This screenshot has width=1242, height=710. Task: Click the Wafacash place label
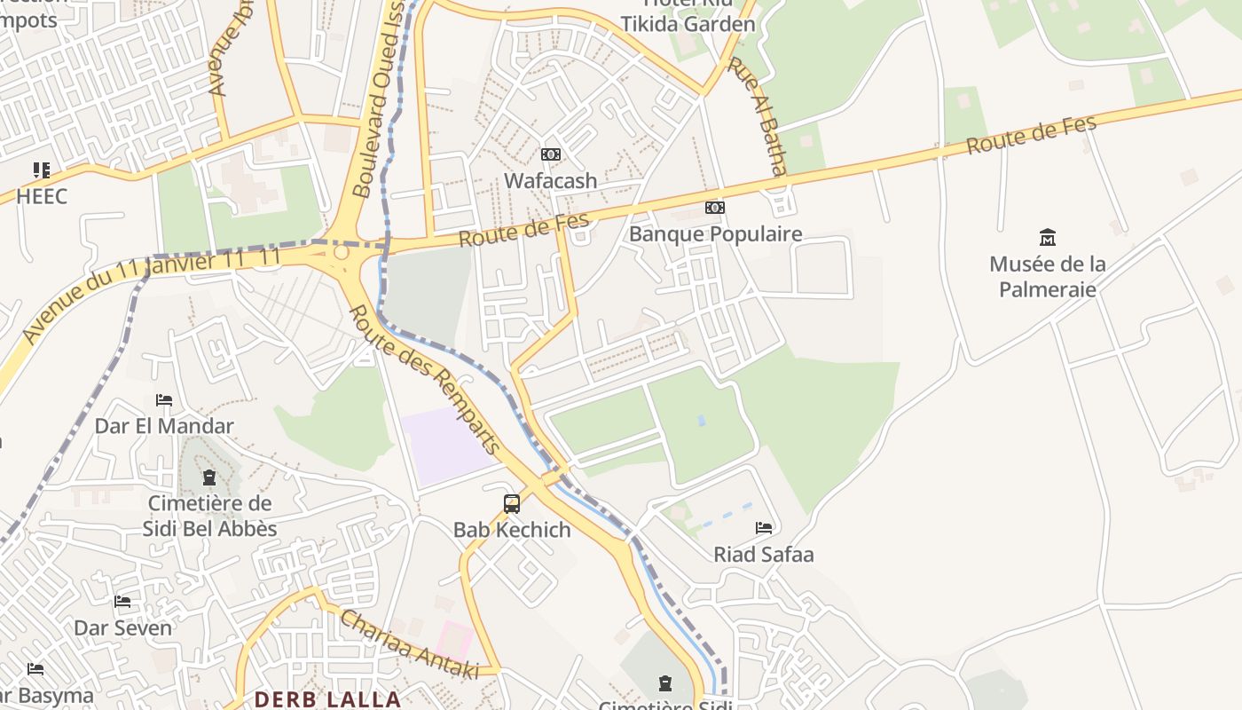tap(550, 180)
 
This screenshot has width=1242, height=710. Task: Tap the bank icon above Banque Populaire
tap(714, 208)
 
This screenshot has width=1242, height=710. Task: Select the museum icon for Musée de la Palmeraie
tap(1048, 237)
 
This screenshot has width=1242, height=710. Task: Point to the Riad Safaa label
tap(763, 555)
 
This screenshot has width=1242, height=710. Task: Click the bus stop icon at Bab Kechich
tap(512, 504)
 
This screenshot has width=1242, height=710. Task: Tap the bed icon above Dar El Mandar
tap(164, 400)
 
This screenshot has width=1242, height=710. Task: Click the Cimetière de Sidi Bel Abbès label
tap(210, 516)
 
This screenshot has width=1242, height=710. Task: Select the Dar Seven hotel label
tap(122, 627)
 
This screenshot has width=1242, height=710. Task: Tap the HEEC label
tap(42, 196)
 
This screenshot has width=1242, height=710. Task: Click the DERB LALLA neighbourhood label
tap(327, 699)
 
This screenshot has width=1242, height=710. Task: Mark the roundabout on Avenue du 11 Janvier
tap(341, 254)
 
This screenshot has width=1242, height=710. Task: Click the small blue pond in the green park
tap(701, 420)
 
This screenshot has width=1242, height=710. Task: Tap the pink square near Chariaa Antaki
tap(453, 640)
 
